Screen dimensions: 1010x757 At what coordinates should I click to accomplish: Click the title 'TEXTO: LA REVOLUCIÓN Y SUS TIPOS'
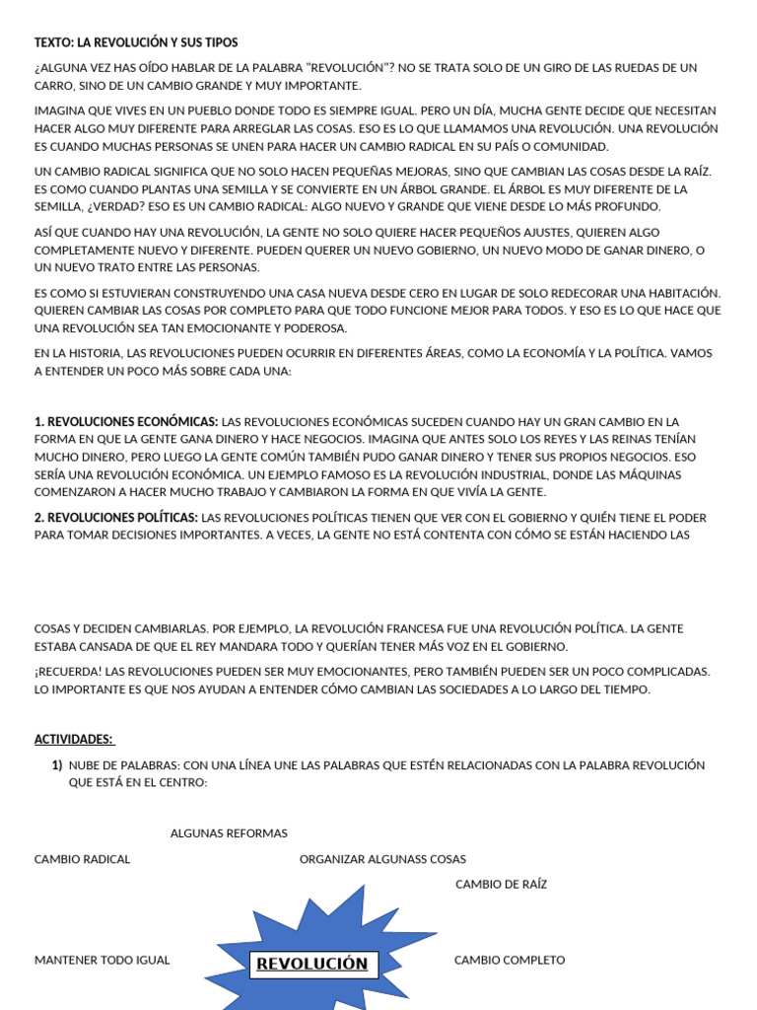(x=136, y=42)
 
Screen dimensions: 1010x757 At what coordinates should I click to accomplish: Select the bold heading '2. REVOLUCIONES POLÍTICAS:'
(x=116, y=518)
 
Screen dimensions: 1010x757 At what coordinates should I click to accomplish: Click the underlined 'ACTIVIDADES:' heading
(x=74, y=739)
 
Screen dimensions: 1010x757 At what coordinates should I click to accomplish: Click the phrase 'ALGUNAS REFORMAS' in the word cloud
(x=229, y=833)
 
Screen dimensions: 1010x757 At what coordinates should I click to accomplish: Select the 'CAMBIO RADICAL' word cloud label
(x=82, y=859)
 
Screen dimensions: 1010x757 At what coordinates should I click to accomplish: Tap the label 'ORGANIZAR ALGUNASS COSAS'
(x=382, y=859)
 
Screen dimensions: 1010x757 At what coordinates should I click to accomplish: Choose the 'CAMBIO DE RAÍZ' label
(x=501, y=885)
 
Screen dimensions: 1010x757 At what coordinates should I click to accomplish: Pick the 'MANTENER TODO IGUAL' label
(x=102, y=960)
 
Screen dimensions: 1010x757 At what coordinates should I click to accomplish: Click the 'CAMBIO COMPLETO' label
(x=510, y=960)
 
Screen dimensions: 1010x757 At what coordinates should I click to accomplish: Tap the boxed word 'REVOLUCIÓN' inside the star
(x=312, y=964)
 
